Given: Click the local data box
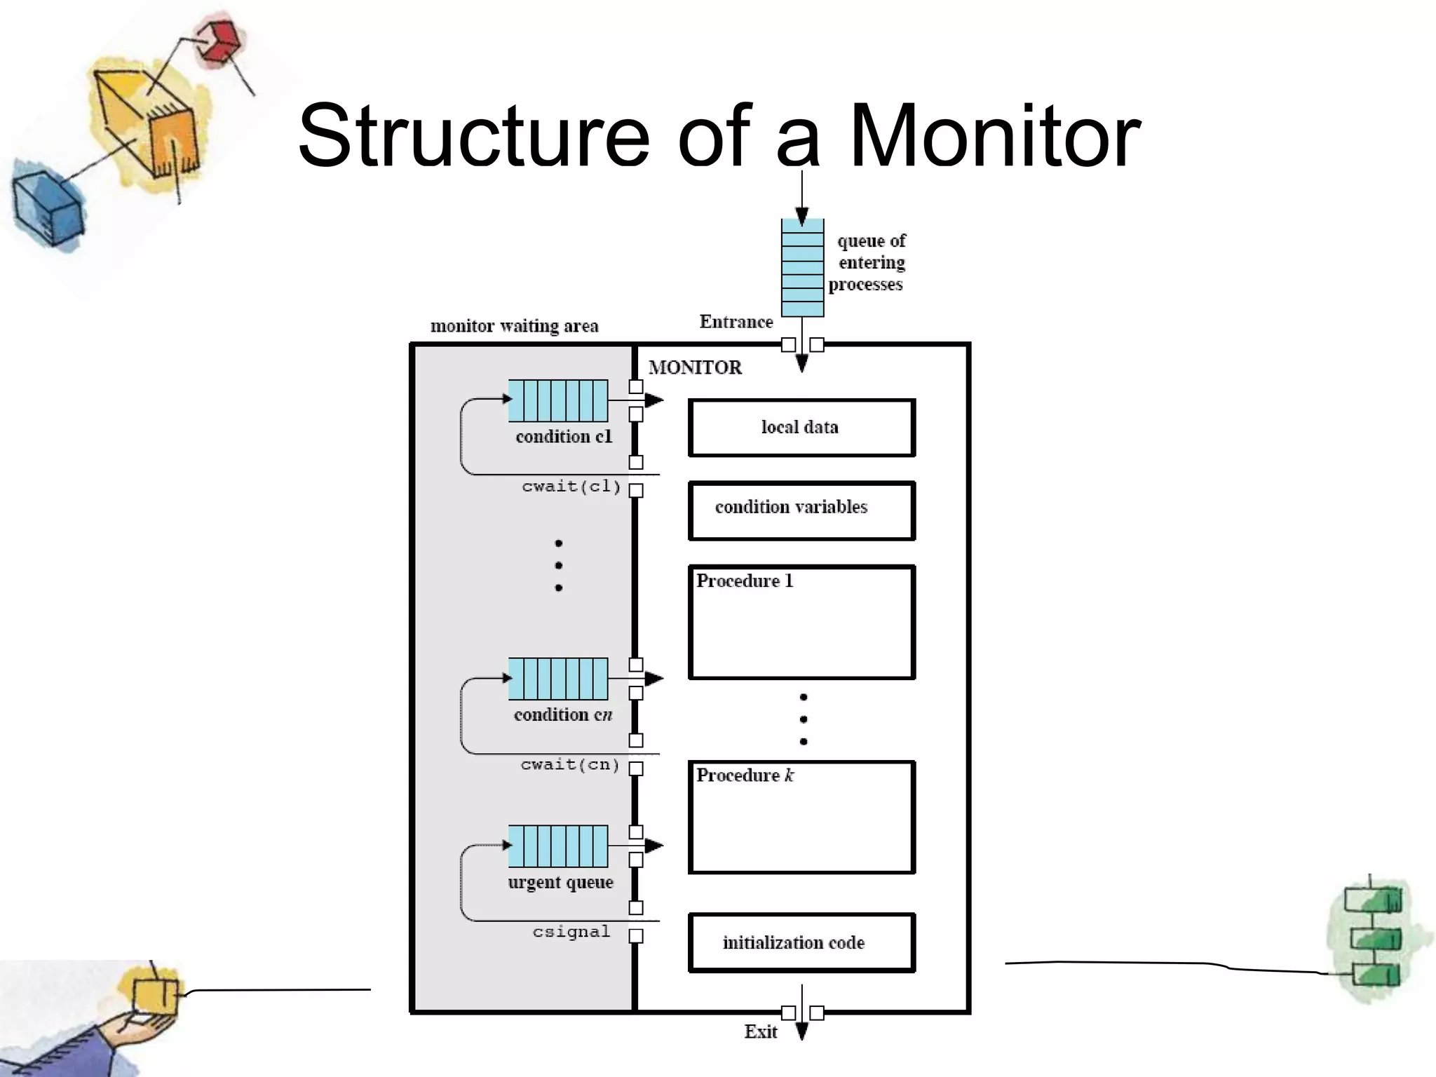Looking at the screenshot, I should point(801,428).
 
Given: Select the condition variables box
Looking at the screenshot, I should point(801,510).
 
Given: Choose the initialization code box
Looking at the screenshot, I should point(801,942).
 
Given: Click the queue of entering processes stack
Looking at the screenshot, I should point(802,268).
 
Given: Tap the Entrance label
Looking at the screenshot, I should point(736,322).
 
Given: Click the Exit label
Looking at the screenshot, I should point(760,1031).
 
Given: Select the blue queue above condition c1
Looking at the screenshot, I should point(558,400).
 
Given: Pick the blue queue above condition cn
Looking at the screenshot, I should point(558,679).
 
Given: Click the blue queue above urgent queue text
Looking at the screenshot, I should point(558,846).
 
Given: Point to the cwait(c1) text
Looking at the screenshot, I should point(571,487).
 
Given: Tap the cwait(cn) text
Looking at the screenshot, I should point(570,764).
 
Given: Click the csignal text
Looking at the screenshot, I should point(571,932).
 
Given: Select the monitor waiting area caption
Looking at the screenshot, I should point(514,326).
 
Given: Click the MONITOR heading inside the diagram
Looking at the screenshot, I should point(695,367).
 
